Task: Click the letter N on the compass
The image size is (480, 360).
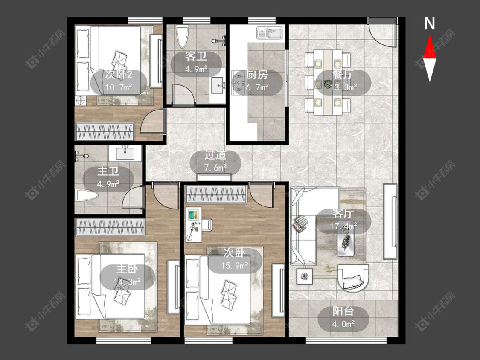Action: (x=430, y=23)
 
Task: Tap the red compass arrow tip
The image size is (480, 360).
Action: (x=430, y=35)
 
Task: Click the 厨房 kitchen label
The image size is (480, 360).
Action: (x=257, y=75)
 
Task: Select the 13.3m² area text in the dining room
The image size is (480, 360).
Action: (x=343, y=87)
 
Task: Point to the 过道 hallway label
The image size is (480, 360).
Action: (x=215, y=155)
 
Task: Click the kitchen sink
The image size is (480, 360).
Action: (x=270, y=33)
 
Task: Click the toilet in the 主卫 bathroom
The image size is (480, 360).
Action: (x=87, y=196)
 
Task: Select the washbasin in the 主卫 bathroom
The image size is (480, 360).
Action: (x=125, y=152)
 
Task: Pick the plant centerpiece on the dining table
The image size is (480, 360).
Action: (x=328, y=83)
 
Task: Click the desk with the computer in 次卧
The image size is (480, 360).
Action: (x=194, y=225)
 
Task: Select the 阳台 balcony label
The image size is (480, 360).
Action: (x=343, y=311)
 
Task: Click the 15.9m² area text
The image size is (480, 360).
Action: (x=235, y=265)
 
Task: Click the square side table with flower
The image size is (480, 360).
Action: (x=304, y=276)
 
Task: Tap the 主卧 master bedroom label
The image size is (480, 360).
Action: (x=127, y=270)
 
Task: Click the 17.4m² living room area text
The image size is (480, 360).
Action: (x=343, y=226)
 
